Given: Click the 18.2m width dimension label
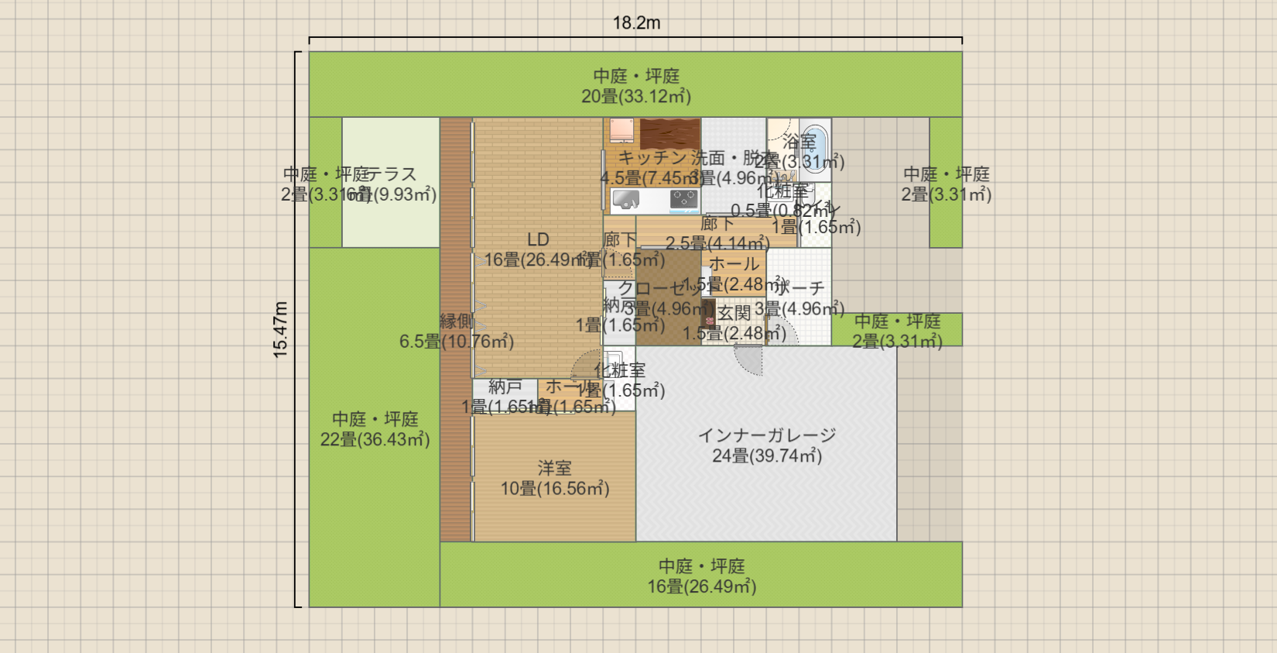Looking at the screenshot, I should click(x=636, y=23).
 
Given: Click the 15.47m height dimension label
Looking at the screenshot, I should click(x=280, y=329).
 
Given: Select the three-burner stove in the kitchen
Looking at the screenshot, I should click(x=684, y=200).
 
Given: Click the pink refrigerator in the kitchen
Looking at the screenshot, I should click(x=621, y=130).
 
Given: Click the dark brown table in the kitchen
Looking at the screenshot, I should click(x=670, y=132).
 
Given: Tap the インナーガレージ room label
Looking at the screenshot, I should click(x=766, y=435).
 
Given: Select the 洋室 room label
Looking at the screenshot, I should click(x=554, y=468).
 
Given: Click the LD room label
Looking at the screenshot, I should click(x=538, y=240).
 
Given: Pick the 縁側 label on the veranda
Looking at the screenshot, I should click(x=456, y=321).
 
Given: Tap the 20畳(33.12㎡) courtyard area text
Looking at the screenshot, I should click(x=636, y=97).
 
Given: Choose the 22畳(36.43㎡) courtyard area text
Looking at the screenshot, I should click(x=375, y=440).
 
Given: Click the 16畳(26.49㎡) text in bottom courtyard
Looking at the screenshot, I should click(x=701, y=587).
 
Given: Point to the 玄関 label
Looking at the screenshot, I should click(x=733, y=313).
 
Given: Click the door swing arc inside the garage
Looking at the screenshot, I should click(x=748, y=361).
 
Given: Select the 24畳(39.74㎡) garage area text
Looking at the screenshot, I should click(x=766, y=456).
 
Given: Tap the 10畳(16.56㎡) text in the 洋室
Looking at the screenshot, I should click(x=554, y=489).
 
